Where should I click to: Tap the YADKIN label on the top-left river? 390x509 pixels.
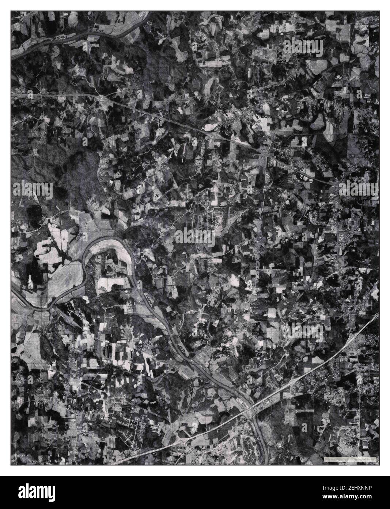pyautogui.click(x=59, y=38)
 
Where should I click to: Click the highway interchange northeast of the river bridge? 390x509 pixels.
pyautogui.click(x=292, y=383)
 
